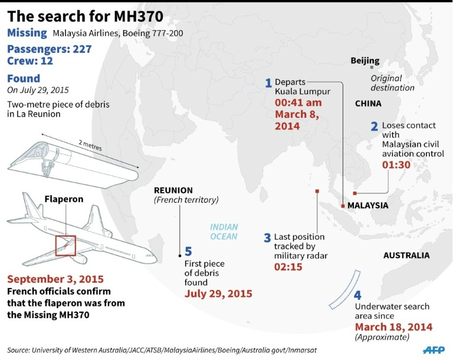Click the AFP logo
pyautogui.click(x=434, y=349)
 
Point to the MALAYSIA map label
pyautogui.click(x=367, y=206)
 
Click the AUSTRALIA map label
pyautogui.click(x=406, y=256)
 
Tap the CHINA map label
pyautogui.click(x=368, y=104)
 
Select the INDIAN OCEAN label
pyautogui.click(x=224, y=232)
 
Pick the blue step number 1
pyautogui.click(x=268, y=83)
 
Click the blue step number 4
pyautogui.click(x=358, y=295)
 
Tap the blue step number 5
pyautogui.click(x=188, y=252)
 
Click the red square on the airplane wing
pyautogui.click(x=65, y=245)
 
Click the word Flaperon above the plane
pyautogui.click(x=64, y=199)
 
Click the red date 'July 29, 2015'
pyautogui.click(x=218, y=293)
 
